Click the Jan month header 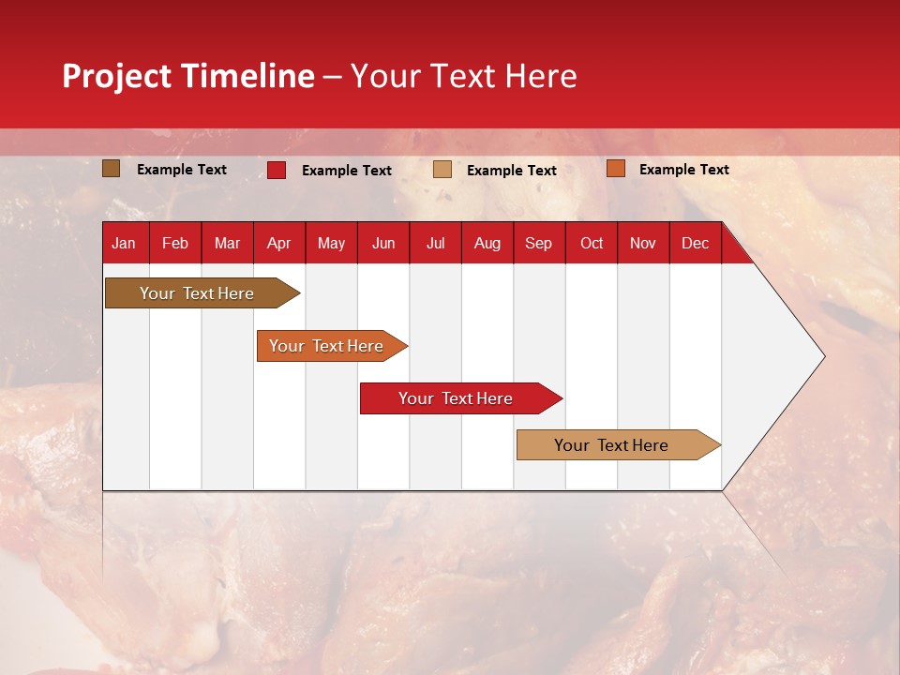[x=124, y=244]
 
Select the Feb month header [x=175, y=244]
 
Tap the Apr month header [x=279, y=244]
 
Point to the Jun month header [x=383, y=244]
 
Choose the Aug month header [x=487, y=244]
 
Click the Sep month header [x=539, y=244]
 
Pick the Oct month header [x=592, y=244]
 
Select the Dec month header [x=696, y=244]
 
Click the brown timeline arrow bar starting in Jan [x=197, y=293]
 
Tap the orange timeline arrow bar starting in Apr [x=326, y=346]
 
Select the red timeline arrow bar [x=456, y=398]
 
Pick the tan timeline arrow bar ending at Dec [x=611, y=445]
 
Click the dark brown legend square [x=112, y=169]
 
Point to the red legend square [x=277, y=170]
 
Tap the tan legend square [x=442, y=170]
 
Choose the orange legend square [x=616, y=169]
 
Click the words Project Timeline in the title [x=188, y=76]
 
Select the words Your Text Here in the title [x=464, y=76]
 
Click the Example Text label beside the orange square [x=683, y=170]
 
